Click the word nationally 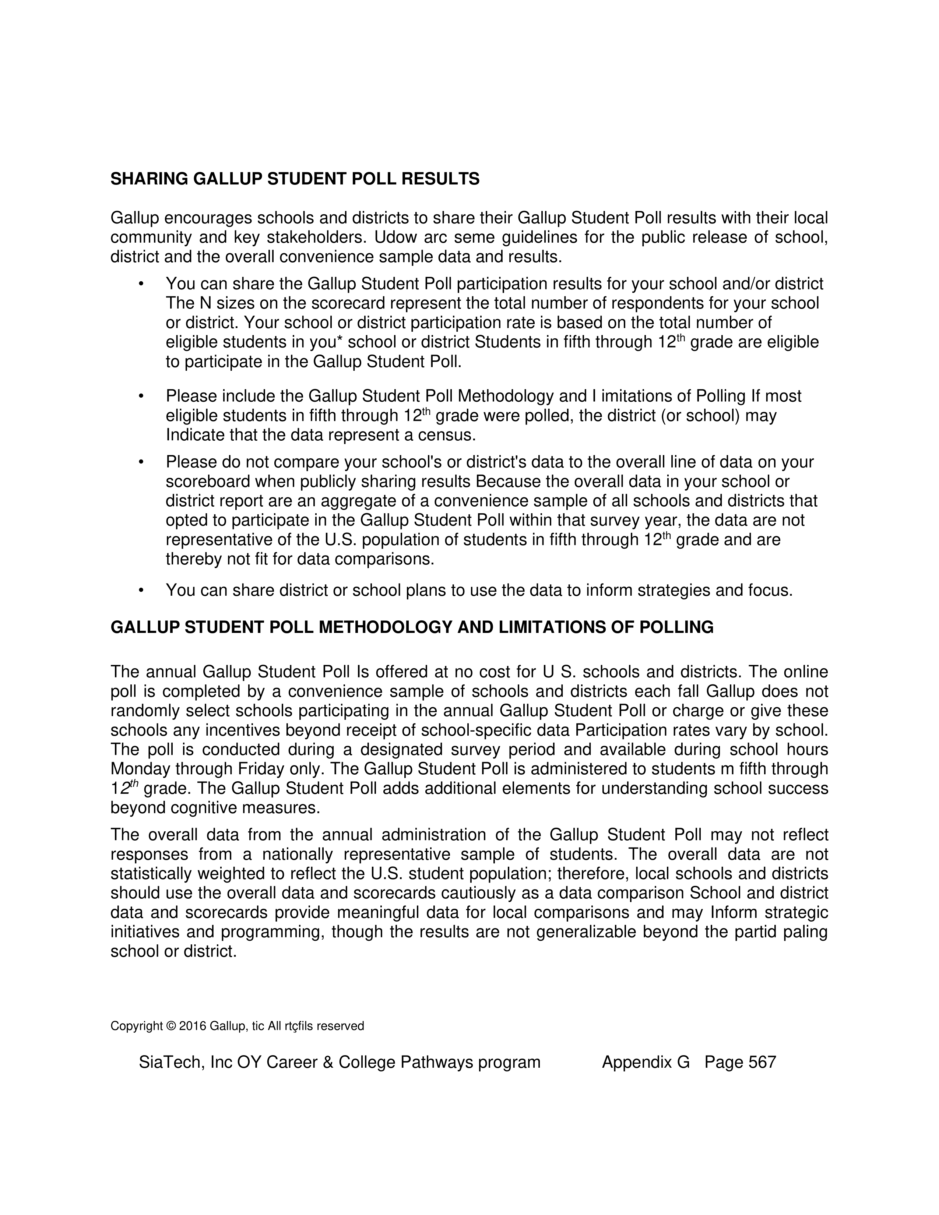297,855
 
